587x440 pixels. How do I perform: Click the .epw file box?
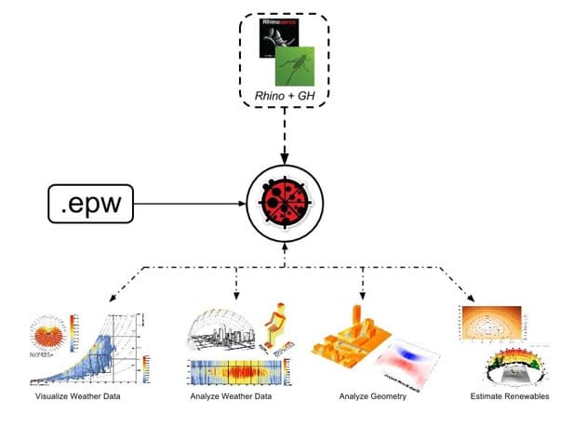point(91,203)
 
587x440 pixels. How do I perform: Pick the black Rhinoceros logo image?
point(273,46)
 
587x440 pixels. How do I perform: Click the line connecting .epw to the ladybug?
point(190,203)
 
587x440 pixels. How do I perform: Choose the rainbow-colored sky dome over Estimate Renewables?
point(511,366)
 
